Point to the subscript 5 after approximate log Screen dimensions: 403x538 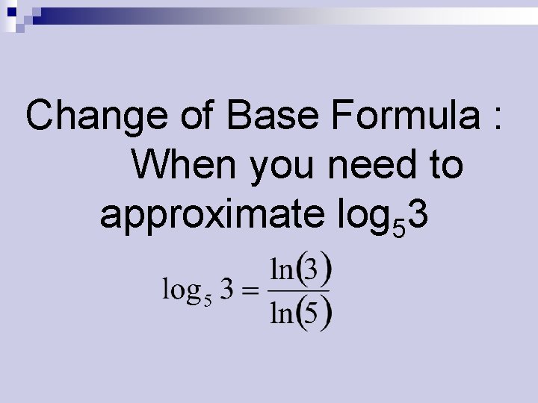pyautogui.click(x=400, y=227)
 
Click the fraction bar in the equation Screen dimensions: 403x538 pyautogui.click(x=300, y=291)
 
